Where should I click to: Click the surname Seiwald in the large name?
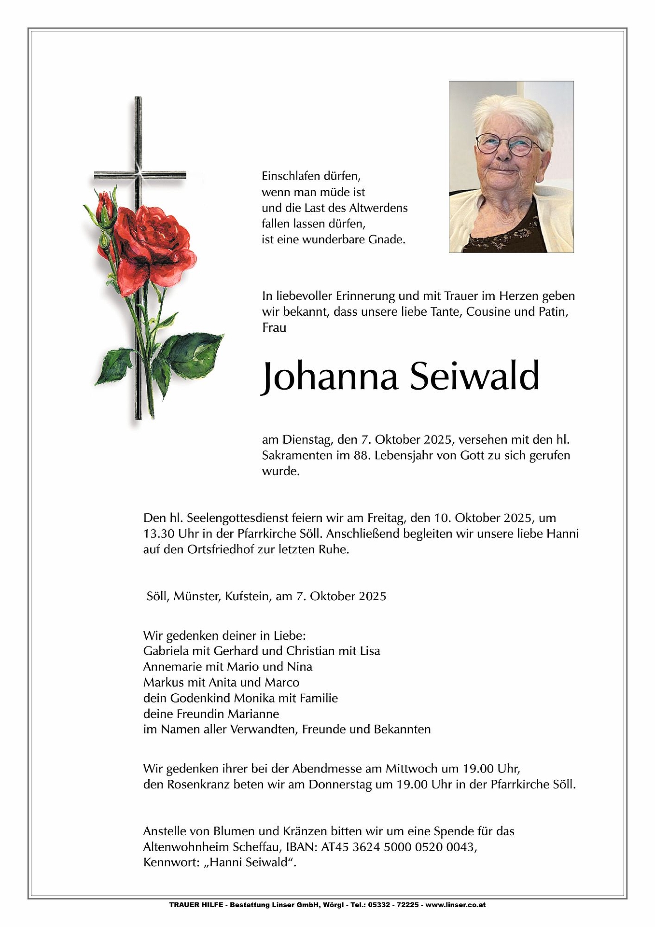pos(474,377)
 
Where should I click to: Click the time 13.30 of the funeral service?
pos(159,534)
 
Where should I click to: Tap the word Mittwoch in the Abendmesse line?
pos(409,768)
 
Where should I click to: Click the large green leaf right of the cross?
pos(193,354)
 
